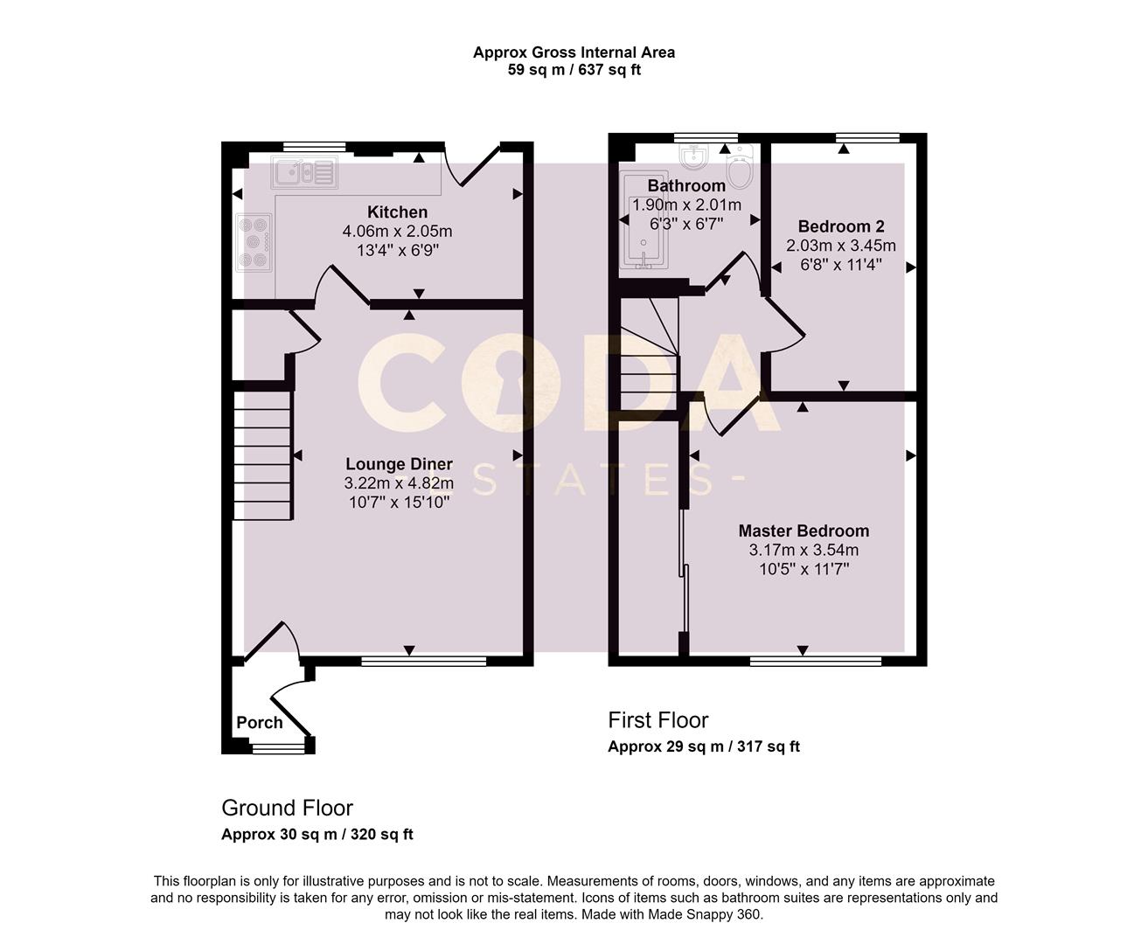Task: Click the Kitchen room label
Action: pyautogui.click(x=397, y=212)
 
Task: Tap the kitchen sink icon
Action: pyautogui.click(x=303, y=172)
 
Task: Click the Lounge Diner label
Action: pyautogui.click(x=399, y=464)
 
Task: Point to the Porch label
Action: pyautogui.click(x=260, y=722)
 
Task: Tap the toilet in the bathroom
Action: pyautogui.click(x=740, y=170)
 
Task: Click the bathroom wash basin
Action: pyautogui.click(x=695, y=158)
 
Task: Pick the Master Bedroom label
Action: pyautogui.click(x=804, y=531)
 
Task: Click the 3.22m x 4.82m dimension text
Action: pyautogui.click(x=399, y=483)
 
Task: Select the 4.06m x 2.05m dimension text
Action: pyautogui.click(x=397, y=232)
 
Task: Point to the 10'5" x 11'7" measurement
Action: pyautogui.click(x=804, y=569)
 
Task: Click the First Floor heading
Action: pyautogui.click(x=657, y=720)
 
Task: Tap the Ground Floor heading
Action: pyautogui.click(x=287, y=808)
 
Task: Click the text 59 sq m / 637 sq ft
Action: pyautogui.click(x=574, y=70)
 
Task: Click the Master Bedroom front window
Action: pyautogui.click(x=815, y=661)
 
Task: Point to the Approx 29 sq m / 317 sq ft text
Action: pyautogui.click(x=703, y=746)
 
